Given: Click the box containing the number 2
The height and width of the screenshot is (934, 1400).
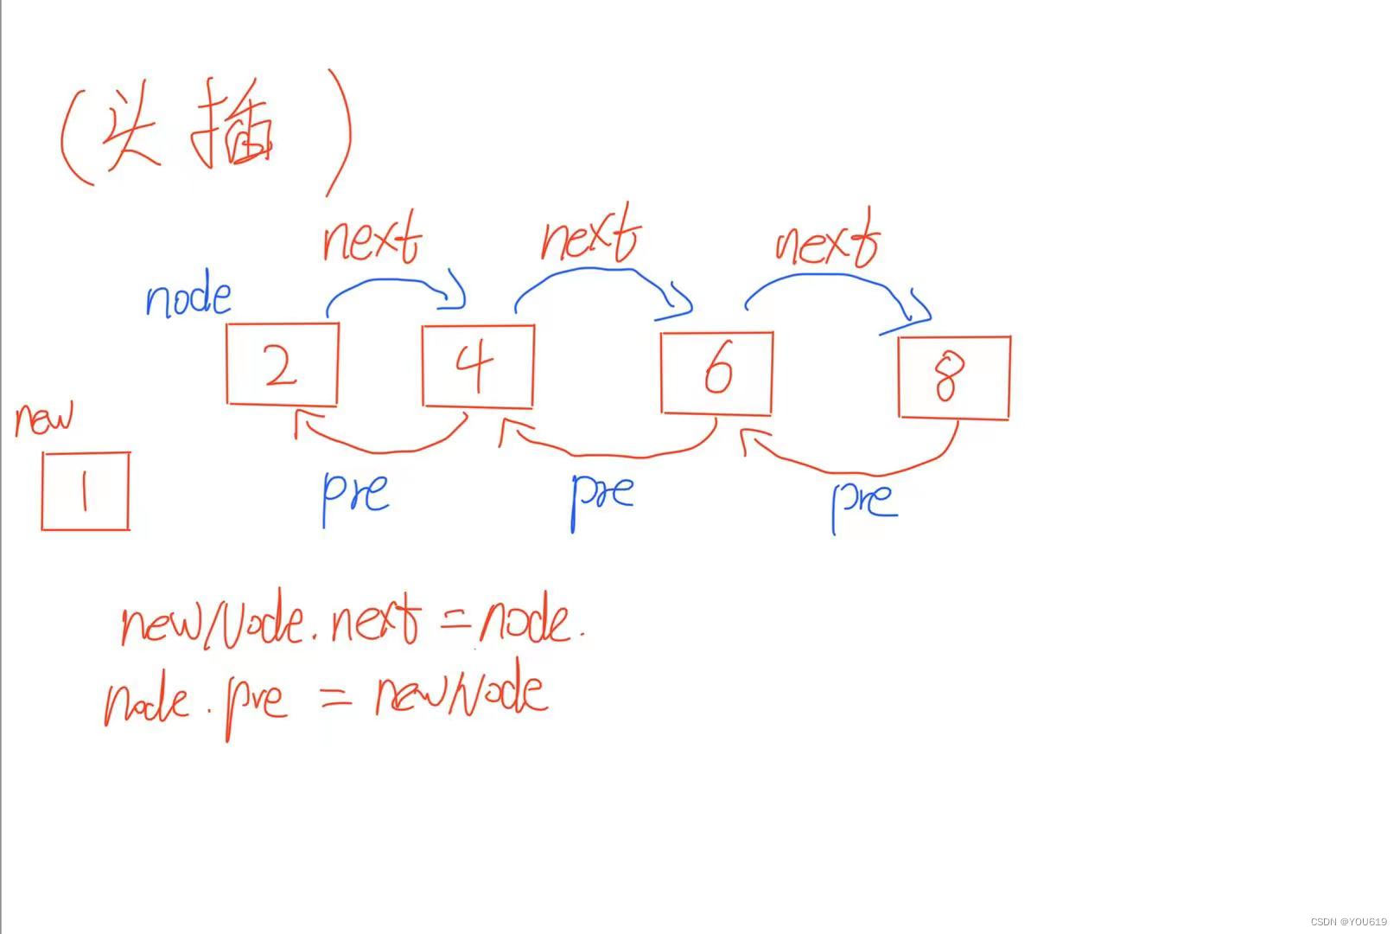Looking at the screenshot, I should point(282,364).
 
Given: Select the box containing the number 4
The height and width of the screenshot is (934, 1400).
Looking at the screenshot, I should point(478,366).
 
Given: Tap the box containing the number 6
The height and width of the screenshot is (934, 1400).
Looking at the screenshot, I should point(716,373).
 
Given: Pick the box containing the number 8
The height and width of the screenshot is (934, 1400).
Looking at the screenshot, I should point(954,378).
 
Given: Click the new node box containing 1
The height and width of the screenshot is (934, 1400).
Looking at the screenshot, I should point(85,490).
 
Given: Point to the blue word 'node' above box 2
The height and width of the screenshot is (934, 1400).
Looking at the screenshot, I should point(188,297).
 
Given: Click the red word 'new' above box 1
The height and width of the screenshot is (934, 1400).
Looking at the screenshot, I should point(44,419).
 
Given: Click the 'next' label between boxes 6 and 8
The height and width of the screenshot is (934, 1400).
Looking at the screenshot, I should point(827,239).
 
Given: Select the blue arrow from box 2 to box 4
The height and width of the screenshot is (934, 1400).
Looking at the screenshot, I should point(393,283).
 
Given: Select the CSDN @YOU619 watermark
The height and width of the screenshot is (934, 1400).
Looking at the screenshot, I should point(1348,921).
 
